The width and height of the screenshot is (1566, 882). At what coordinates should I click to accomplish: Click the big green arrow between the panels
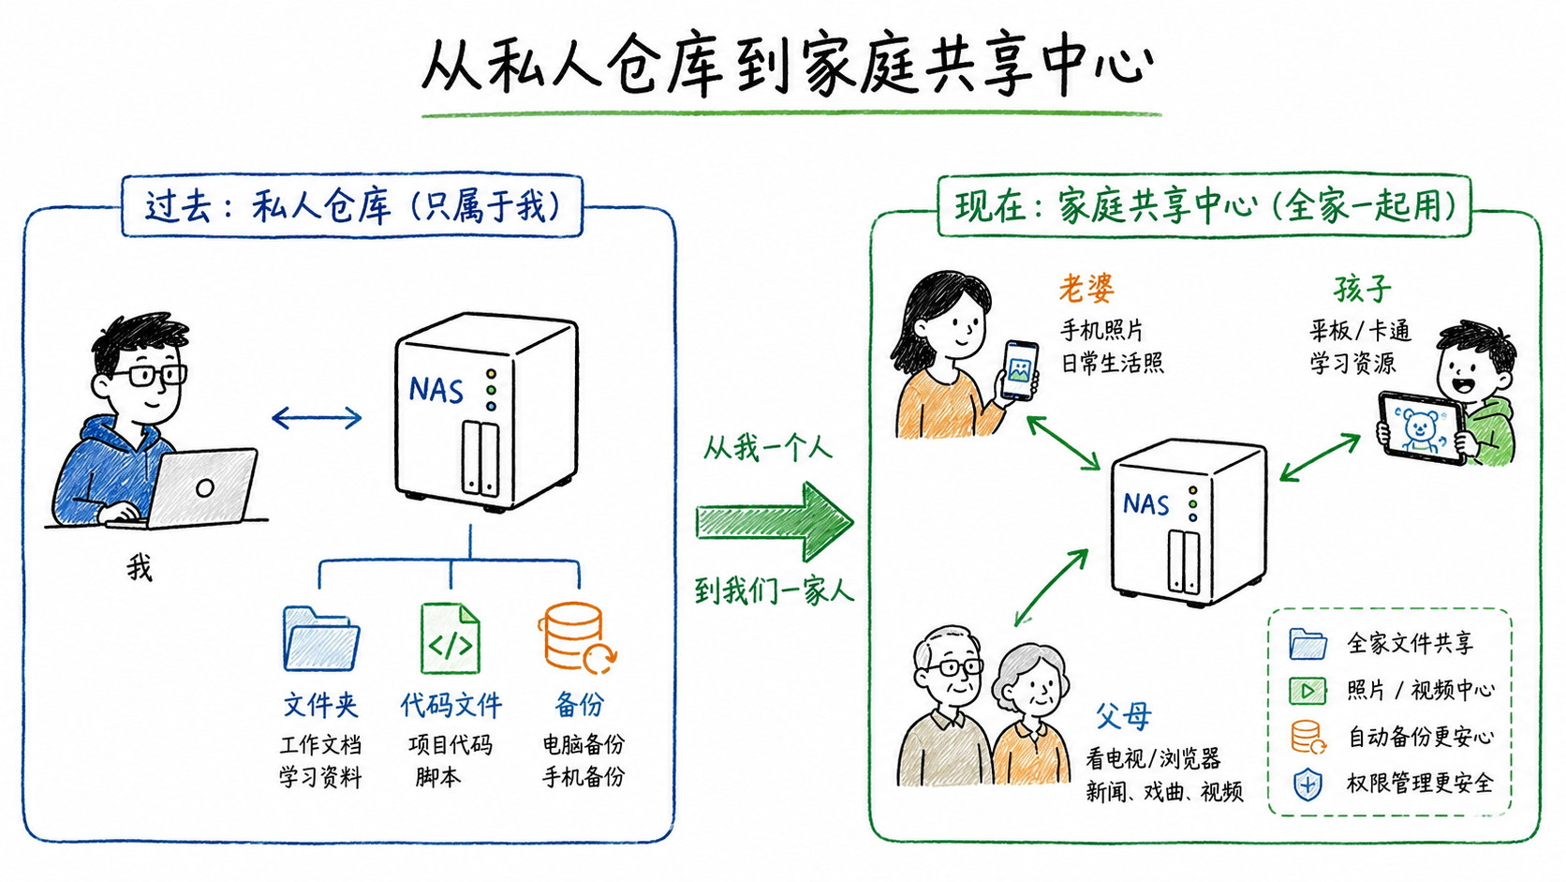(x=775, y=522)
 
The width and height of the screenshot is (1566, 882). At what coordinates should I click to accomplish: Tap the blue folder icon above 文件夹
(x=321, y=639)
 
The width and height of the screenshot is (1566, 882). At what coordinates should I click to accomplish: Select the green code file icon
(x=451, y=638)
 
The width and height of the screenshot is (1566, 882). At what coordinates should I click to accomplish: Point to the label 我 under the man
(x=140, y=567)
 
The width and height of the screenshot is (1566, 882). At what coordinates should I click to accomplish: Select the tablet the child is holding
(x=1422, y=428)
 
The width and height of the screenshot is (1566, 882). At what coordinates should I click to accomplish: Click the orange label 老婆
(x=1086, y=289)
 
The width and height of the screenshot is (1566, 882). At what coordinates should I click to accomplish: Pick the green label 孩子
(x=1363, y=289)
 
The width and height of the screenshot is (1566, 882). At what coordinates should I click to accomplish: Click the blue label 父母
(x=1124, y=715)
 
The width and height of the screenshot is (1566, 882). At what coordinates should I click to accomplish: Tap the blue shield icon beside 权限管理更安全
(x=1308, y=785)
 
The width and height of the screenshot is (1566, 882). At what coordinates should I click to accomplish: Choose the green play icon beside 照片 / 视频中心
(x=1307, y=691)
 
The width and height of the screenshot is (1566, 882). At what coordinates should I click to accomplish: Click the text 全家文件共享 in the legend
(x=1411, y=644)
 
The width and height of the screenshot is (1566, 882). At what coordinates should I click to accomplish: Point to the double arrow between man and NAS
(x=317, y=418)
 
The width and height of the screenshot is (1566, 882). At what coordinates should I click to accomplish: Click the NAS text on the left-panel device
(x=436, y=390)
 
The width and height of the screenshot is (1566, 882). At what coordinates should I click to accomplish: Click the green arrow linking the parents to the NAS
(x=1052, y=587)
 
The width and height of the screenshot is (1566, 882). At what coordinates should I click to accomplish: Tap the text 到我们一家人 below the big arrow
(x=775, y=591)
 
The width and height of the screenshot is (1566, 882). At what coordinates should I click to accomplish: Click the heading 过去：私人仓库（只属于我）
(x=352, y=206)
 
